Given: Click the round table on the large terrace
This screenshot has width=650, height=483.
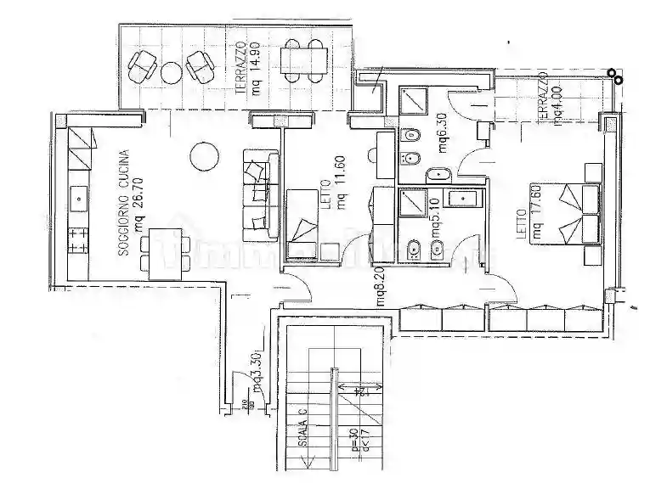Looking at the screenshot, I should coord(172,70).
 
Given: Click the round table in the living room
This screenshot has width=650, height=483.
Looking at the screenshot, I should coord(206,155).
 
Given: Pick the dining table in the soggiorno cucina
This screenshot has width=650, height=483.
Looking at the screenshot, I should coord(164,254).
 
